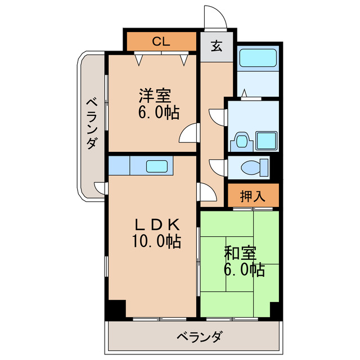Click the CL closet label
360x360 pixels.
click(161, 41)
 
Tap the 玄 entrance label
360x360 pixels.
click(217, 46)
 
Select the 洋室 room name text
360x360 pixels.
click(154, 96)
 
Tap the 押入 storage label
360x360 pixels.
click(253, 196)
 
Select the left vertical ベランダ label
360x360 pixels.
click(91, 124)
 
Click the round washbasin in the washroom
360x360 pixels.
click(241, 139)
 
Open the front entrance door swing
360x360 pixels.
click(214, 17)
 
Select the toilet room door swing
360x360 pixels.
click(218, 168)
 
